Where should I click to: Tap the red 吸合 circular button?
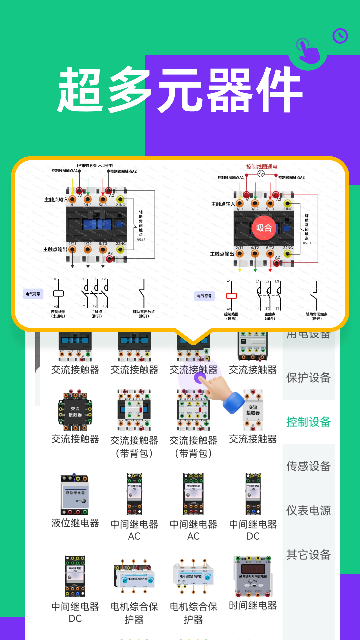click(264, 228)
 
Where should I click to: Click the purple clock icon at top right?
click(340, 36)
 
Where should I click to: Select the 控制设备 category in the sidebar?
click(308, 422)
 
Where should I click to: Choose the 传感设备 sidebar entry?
click(308, 466)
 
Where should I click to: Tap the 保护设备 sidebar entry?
click(308, 378)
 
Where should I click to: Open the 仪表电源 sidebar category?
click(308, 510)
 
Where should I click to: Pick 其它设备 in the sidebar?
click(308, 555)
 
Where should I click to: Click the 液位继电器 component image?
click(75, 494)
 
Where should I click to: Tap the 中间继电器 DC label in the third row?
click(253, 530)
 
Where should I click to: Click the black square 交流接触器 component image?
click(75, 410)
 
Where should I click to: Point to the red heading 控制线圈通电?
click(262, 167)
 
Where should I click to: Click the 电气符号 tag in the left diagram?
click(33, 294)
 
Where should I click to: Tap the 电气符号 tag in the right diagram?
click(204, 296)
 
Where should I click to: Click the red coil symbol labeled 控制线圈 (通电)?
click(231, 296)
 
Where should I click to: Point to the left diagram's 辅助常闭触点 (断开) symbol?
click(143, 293)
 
